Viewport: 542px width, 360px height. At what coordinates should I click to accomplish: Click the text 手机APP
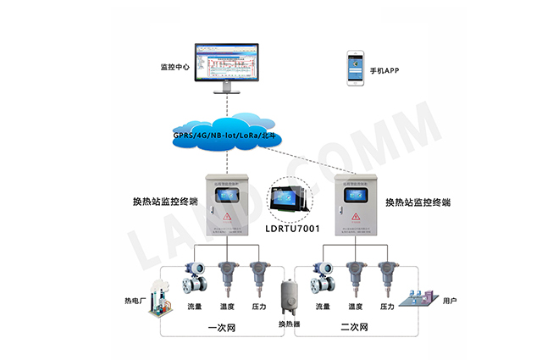(x=385, y=70)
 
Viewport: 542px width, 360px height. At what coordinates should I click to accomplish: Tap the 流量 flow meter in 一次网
(x=194, y=277)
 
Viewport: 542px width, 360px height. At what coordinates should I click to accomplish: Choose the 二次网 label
(x=358, y=327)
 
